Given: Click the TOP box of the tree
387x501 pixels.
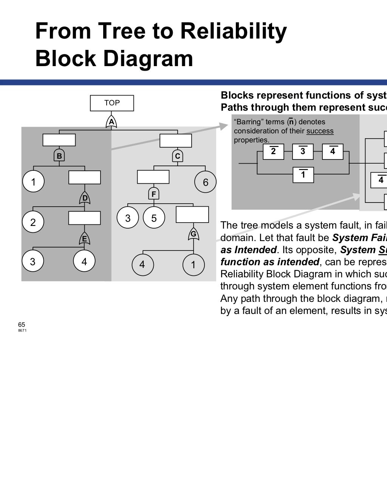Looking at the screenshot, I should [x=112, y=103].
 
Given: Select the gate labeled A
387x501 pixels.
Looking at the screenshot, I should [x=111, y=122].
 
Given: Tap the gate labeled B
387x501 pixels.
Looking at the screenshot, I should [x=59, y=155].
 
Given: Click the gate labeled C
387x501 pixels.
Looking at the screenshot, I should [x=178, y=156].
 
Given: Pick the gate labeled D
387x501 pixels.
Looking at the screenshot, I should [x=85, y=198].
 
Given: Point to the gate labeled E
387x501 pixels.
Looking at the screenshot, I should [x=84, y=238].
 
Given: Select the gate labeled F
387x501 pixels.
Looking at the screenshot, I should [x=153, y=194].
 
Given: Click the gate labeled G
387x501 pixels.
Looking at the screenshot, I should [x=193, y=234].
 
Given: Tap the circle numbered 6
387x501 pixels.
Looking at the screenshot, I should [x=205, y=182].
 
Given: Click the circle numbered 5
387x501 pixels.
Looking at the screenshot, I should [x=154, y=218].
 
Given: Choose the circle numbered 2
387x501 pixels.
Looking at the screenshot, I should [x=33, y=222].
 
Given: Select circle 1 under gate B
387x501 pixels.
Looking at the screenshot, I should [x=33, y=182].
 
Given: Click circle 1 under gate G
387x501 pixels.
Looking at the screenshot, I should [x=193, y=264].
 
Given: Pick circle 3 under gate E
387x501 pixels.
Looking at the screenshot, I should [x=33, y=261].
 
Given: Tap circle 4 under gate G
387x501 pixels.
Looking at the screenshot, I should [x=142, y=264].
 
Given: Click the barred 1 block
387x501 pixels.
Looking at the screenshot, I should [x=303, y=175].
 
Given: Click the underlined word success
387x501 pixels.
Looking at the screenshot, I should [x=320, y=131].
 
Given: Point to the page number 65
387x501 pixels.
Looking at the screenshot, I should [x=22, y=325].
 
